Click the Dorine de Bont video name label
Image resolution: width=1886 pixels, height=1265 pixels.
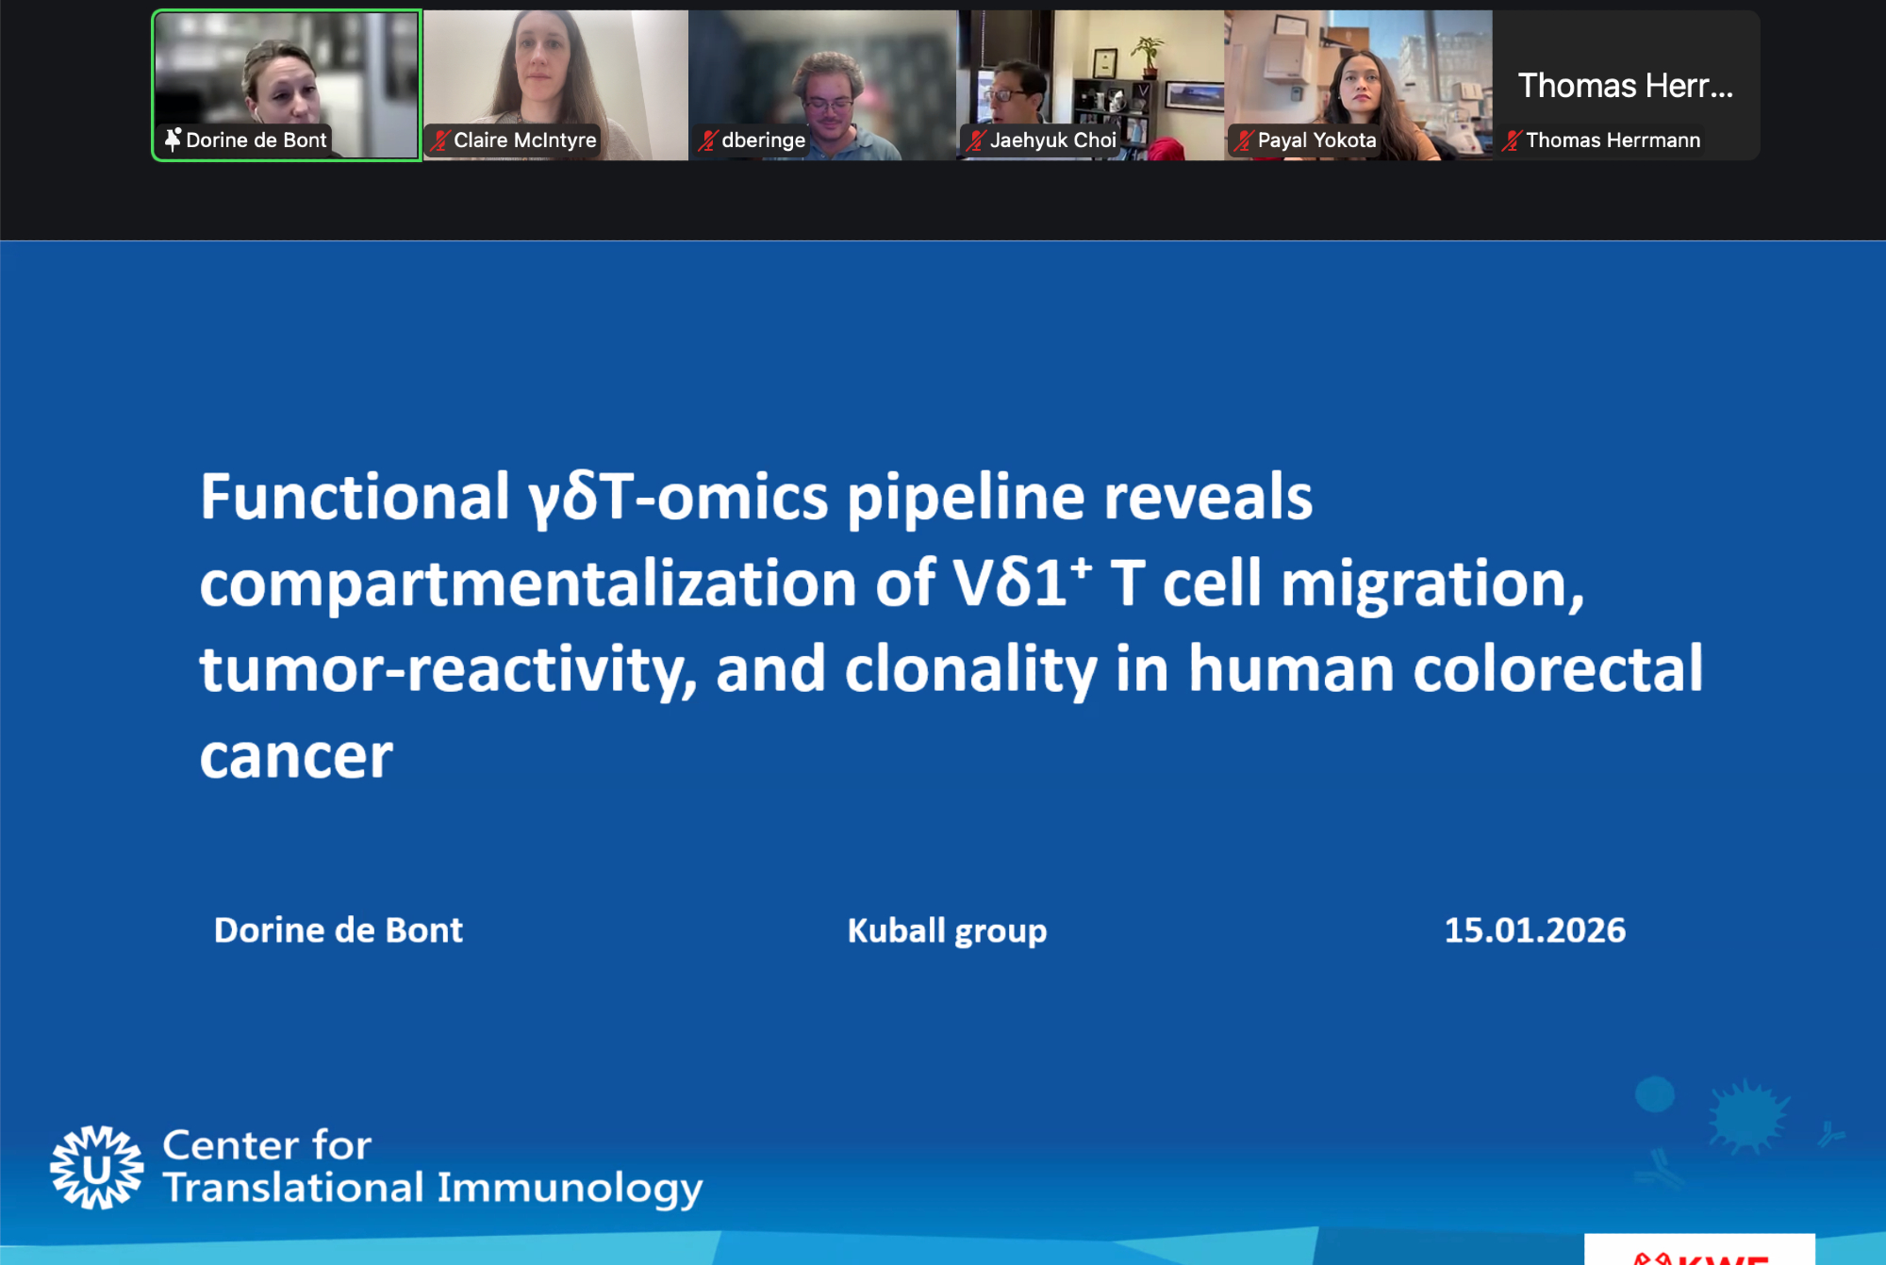click(256, 140)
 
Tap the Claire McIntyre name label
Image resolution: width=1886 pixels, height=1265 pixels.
click(524, 140)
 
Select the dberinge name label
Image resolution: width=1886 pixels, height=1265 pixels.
click(763, 140)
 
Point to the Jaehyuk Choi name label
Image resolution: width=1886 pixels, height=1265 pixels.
click(1052, 140)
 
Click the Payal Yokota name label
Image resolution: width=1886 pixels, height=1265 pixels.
click(1316, 140)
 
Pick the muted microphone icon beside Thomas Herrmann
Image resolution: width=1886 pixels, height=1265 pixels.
click(1512, 140)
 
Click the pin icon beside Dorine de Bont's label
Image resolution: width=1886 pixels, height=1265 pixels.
click(173, 140)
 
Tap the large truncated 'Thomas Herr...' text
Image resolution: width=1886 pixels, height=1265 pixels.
click(1625, 86)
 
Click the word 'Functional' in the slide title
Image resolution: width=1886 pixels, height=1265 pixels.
click(355, 497)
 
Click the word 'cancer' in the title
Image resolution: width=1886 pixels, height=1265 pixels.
click(296, 759)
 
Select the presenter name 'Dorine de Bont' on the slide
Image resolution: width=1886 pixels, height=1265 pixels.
click(339, 930)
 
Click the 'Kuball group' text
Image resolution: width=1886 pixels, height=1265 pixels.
click(947, 931)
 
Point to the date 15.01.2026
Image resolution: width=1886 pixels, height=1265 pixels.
click(1534, 930)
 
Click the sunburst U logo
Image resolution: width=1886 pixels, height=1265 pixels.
click(97, 1167)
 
